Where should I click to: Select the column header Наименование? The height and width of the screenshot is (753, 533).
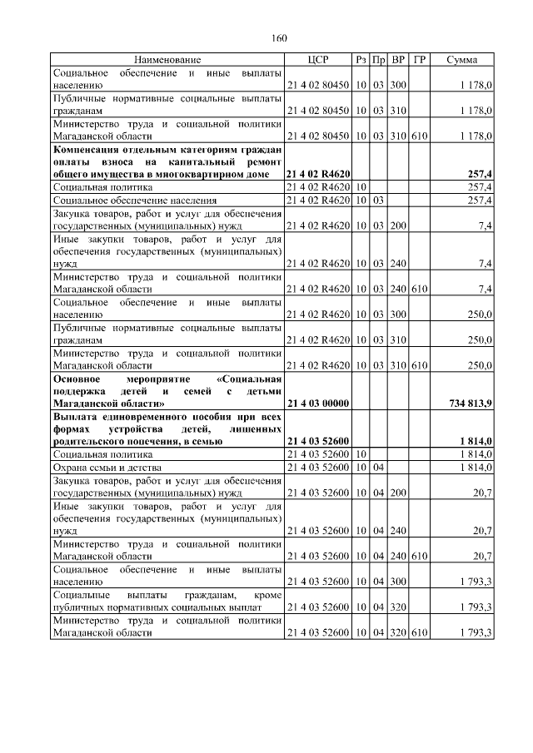click(x=167, y=60)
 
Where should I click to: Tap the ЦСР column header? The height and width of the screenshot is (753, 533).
click(x=318, y=60)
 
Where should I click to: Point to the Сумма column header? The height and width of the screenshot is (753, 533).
click(x=462, y=60)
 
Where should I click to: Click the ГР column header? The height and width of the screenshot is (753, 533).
click(x=419, y=60)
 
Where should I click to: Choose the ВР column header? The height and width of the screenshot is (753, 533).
click(x=398, y=60)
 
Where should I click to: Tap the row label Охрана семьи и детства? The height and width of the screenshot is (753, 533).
click(x=101, y=468)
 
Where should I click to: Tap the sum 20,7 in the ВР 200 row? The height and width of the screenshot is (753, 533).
click(x=482, y=493)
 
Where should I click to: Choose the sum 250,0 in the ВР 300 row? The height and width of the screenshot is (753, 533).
click(x=479, y=315)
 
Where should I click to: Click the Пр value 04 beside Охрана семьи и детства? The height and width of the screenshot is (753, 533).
click(x=378, y=468)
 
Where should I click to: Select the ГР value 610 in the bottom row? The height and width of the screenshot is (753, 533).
click(x=419, y=633)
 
